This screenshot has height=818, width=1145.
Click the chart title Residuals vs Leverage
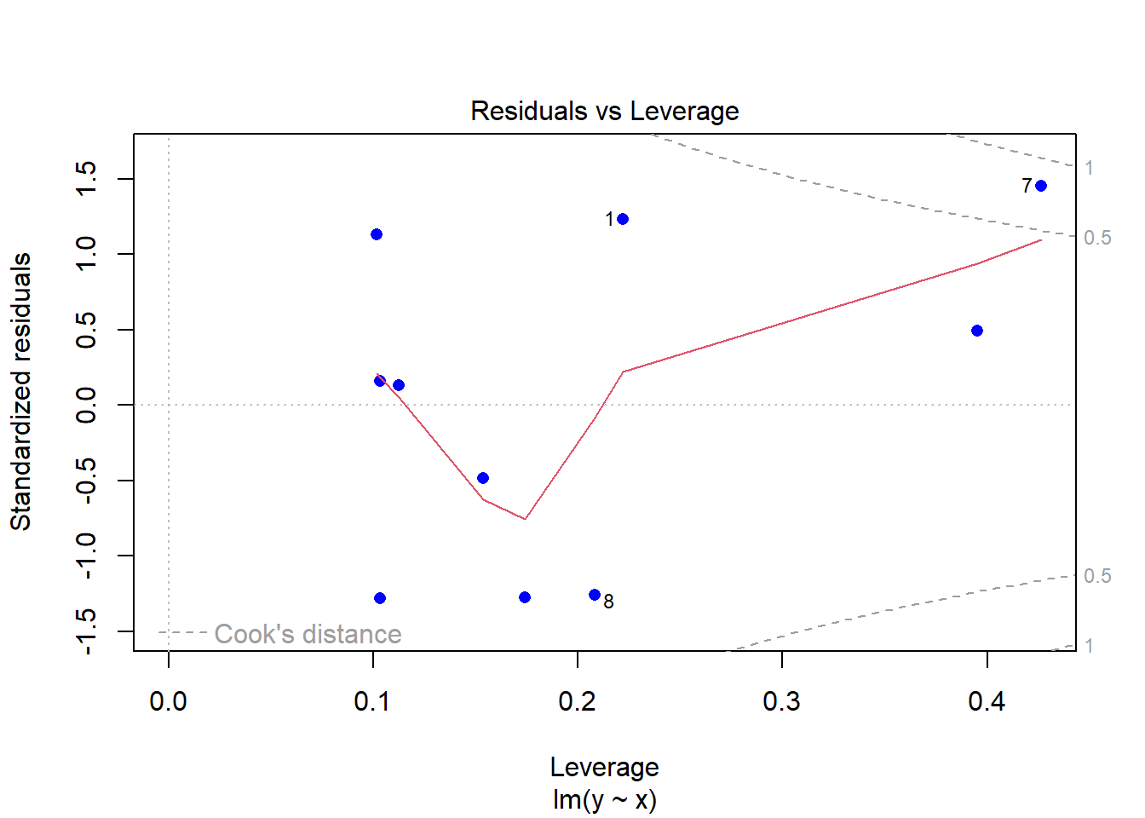click(x=604, y=112)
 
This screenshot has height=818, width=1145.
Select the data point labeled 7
click(x=1040, y=186)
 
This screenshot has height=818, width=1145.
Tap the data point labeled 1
click(x=623, y=219)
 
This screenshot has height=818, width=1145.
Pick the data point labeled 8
click(x=595, y=595)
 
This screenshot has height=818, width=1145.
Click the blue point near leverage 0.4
click(x=977, y=331)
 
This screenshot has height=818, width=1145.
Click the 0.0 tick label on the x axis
click(x=169, y=701)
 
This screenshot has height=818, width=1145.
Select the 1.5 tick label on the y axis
click(x=86, y=179)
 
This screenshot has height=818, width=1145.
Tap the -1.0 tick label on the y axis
click(x=86, y=556)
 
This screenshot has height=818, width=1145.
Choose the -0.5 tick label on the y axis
click(x=86, y=481)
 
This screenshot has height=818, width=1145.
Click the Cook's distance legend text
click(x=308, y=635)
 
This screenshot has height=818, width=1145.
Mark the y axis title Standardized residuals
click(x=21, y=392)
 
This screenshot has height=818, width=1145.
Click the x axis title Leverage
click(x=604, y=767)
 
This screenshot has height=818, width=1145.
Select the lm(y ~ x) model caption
click(x=604, y=799)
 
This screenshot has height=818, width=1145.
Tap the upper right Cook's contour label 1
click(x=1089, y=168)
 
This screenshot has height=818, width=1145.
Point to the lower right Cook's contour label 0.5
click(x=1097, y=576)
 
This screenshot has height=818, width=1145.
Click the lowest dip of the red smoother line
click(x=526, y=518)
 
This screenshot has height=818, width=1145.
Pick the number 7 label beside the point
click(x=1027, y=186)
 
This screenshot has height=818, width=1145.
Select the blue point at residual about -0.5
click(x=483, y=478)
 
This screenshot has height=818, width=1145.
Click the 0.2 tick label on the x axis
click(x=578, y=701)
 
